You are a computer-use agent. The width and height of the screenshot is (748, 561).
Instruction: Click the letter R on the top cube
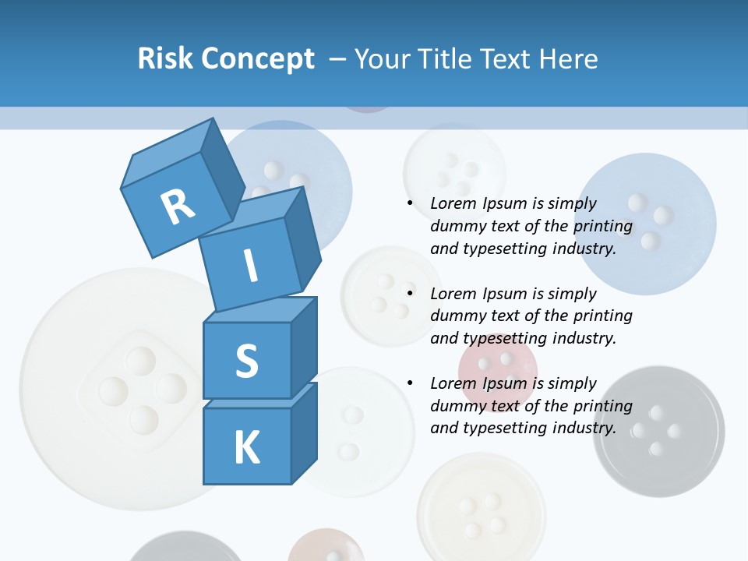[178, 207]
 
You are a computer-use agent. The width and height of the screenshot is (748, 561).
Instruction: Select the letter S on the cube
[246, 361]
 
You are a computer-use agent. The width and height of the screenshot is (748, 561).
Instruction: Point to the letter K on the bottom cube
[246, 448]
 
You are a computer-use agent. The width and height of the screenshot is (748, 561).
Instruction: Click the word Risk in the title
[165, 58]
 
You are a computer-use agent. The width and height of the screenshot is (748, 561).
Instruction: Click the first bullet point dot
[410, 203]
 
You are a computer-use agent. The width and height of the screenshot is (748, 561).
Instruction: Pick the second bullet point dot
[410, 294]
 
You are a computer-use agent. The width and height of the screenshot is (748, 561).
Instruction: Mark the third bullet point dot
[410, 383]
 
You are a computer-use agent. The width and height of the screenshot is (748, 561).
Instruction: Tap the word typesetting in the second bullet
[508, 338]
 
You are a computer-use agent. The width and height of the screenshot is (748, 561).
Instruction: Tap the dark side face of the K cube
[304, 432]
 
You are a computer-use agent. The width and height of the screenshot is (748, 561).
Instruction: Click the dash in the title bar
[338, 58]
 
